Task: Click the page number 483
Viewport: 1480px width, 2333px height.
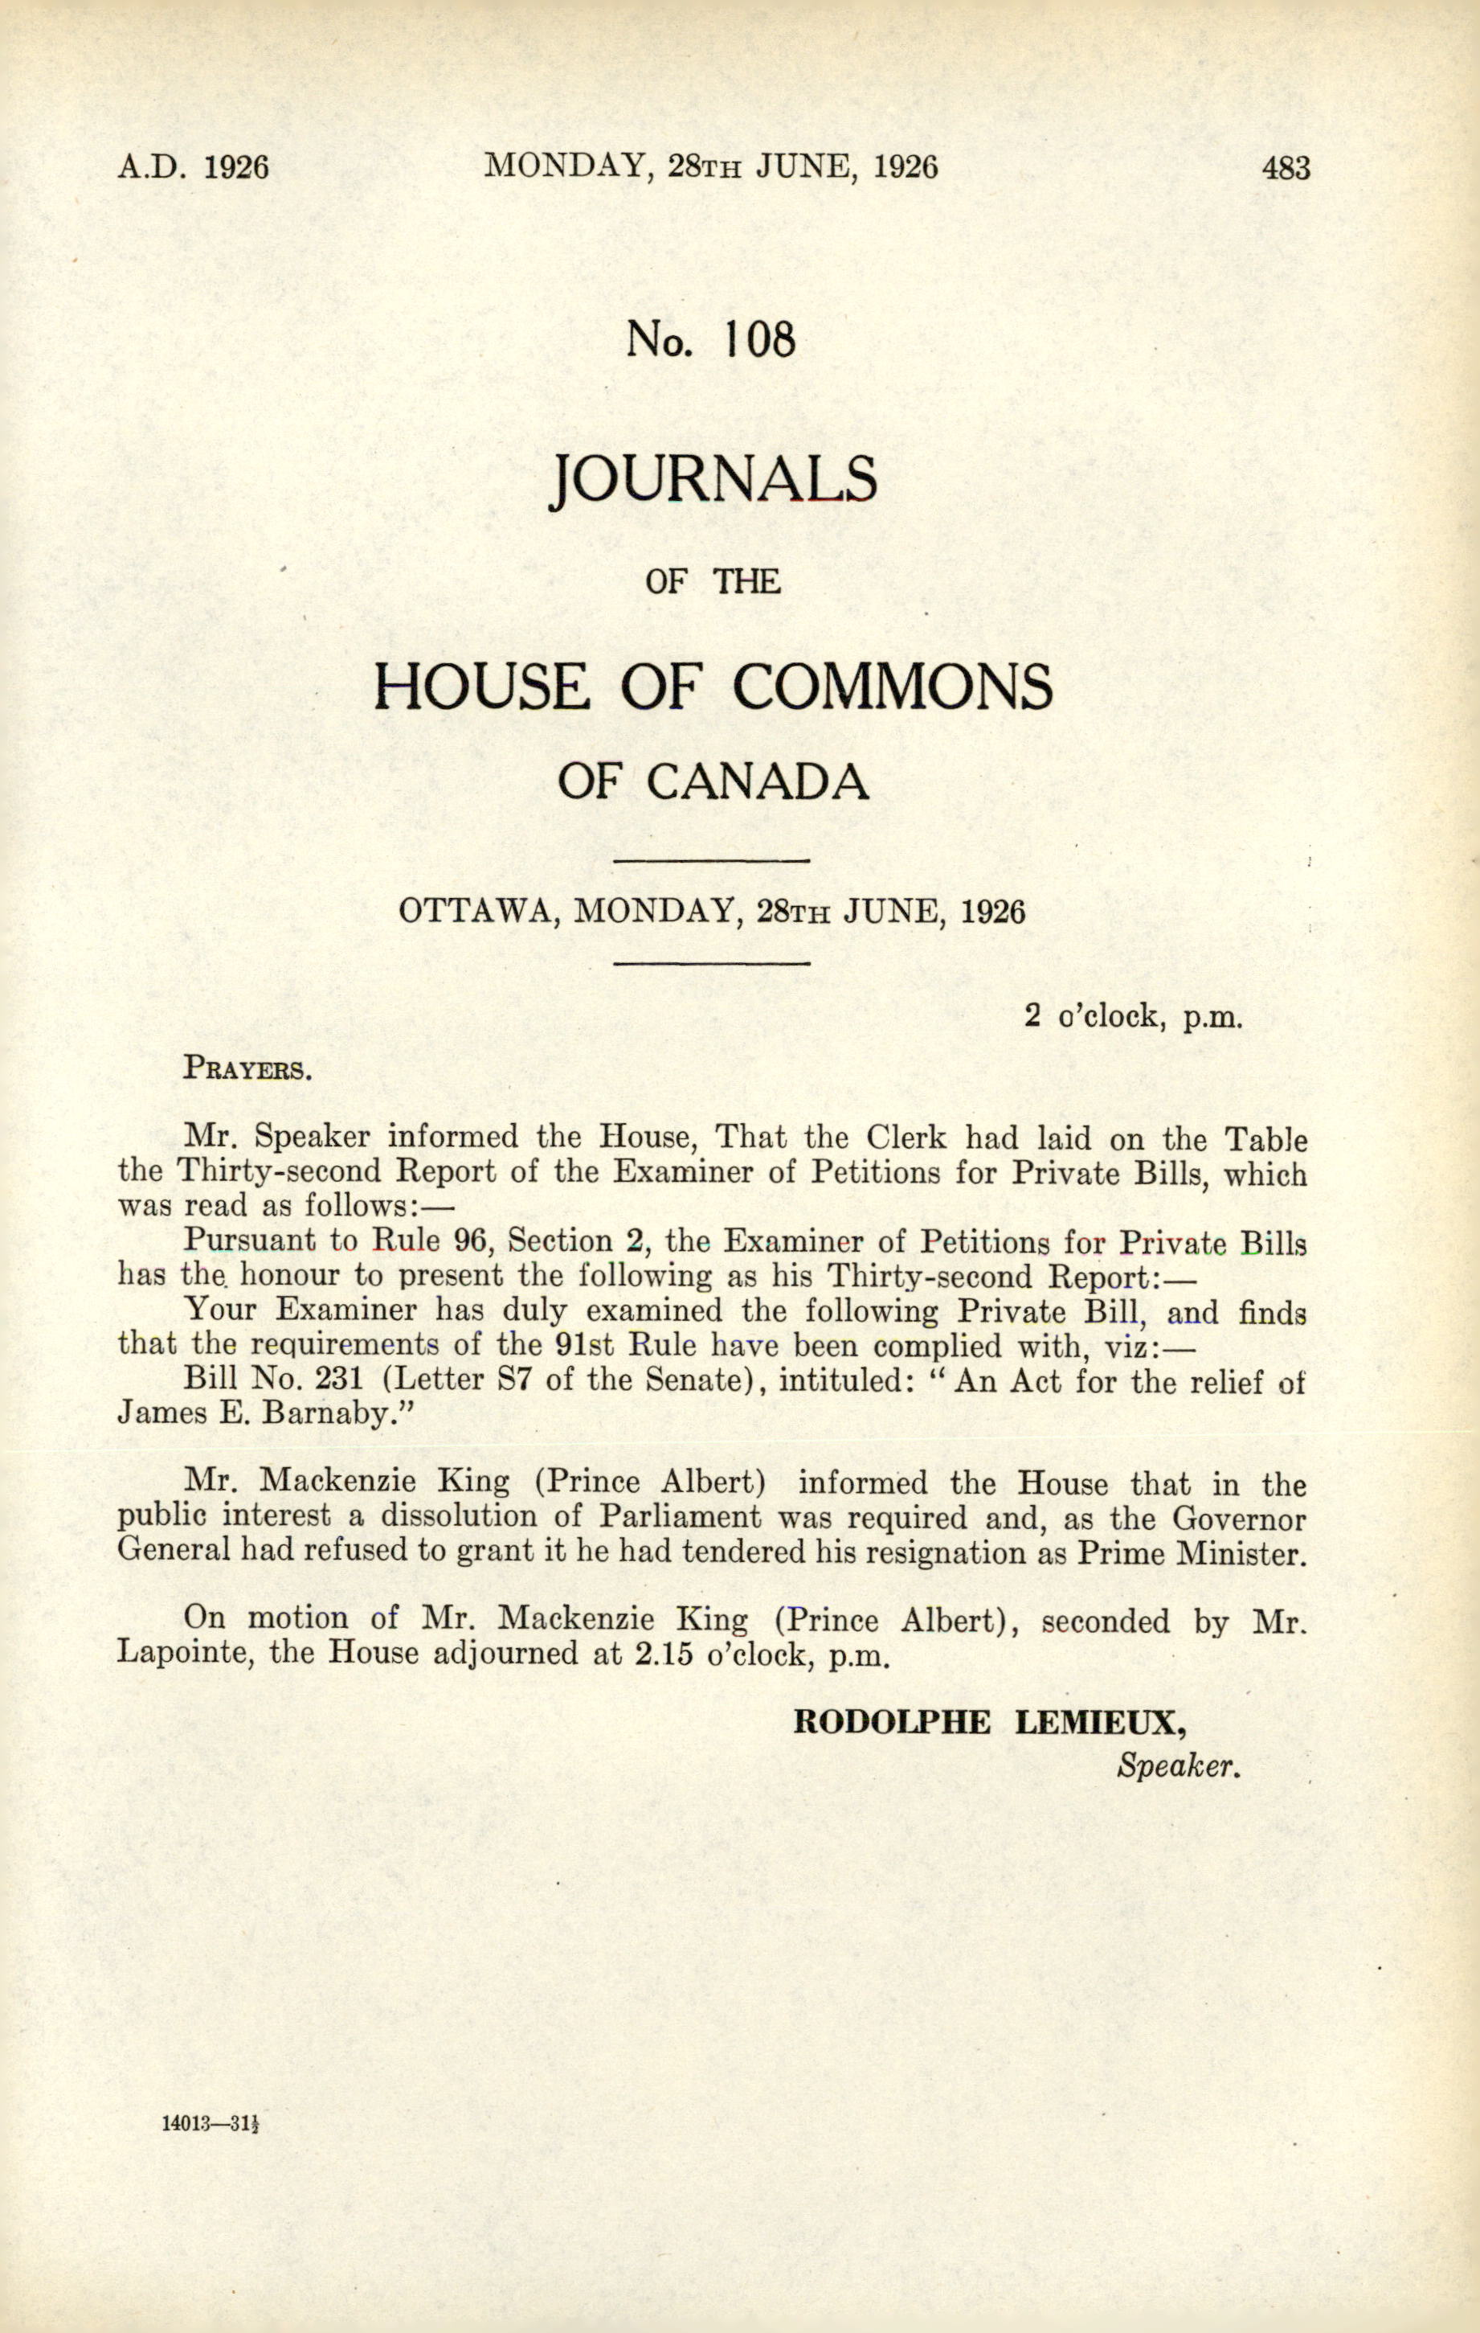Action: coord(1286,169)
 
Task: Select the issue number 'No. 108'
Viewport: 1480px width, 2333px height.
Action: coord(711,339)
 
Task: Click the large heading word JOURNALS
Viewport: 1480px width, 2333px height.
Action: coord(713,480)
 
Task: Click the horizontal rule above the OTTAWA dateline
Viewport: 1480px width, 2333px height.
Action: coord(712,860)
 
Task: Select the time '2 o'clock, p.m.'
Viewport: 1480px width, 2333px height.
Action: coord(1132,1016)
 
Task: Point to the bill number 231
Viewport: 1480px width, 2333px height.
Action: coord(339,1380)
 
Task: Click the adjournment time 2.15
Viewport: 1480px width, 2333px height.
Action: coord(664,1653)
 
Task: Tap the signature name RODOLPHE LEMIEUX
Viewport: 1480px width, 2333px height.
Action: coord(989,1722)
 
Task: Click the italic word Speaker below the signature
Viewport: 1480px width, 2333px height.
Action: coord(1178,1765)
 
